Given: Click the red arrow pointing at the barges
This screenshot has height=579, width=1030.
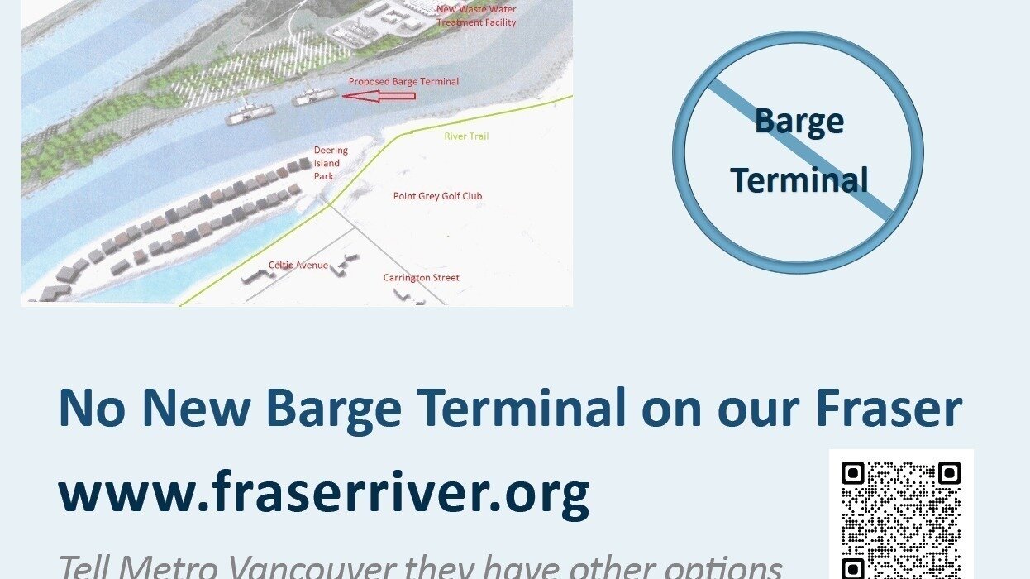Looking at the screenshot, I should pos(379,97).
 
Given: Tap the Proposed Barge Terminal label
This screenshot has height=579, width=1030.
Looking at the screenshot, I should pos(403,82).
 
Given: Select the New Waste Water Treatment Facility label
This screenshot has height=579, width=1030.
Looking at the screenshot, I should pos(476,16).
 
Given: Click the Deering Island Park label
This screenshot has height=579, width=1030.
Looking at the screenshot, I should pos(331,163).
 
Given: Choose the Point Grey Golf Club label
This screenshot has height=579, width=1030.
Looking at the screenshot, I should pos(437,196).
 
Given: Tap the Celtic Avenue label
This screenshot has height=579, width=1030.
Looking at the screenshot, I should pos(298,266).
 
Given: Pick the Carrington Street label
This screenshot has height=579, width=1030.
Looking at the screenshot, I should pos(421,278).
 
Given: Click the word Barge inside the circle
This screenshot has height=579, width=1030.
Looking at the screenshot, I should pos(799,122).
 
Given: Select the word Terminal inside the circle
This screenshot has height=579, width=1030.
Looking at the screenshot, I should pos(799,179).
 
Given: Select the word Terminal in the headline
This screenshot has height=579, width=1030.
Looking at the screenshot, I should pos(521,408).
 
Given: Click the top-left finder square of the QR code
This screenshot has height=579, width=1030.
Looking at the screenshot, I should pos(852,473).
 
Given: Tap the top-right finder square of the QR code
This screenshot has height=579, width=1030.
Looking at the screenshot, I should pos(949,473).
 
